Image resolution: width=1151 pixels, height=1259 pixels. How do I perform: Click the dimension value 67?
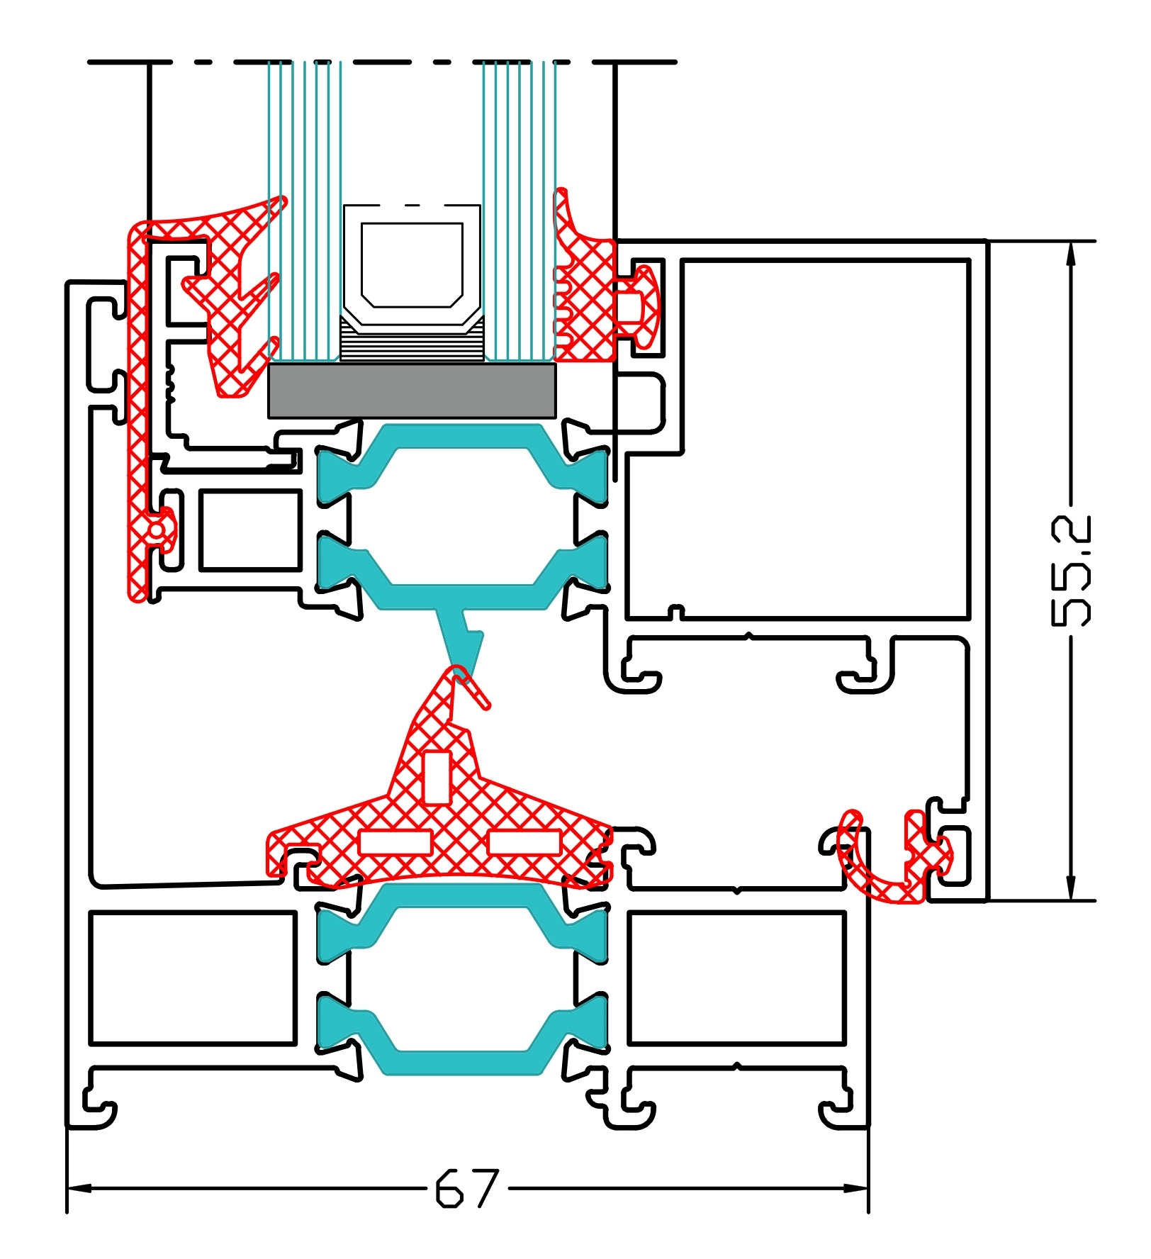coord(466,1188)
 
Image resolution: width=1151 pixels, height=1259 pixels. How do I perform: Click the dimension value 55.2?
coord(1071,571)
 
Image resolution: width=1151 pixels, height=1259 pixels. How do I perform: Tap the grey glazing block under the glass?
coord(411,391)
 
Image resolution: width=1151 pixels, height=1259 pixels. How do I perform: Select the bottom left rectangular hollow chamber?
coord(192,978)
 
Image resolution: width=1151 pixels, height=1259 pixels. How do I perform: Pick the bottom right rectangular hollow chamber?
coord(736,978)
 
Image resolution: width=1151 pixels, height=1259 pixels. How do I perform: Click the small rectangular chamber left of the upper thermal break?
coord(250,530)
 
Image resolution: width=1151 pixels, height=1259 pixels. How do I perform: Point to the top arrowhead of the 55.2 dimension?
coord(1071,252)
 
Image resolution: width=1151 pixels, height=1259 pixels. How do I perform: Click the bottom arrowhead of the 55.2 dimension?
coord(1071,890)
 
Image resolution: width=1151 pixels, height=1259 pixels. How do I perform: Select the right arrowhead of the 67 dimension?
coord(858,1188)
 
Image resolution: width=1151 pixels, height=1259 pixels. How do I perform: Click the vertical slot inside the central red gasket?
coord(437,778)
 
